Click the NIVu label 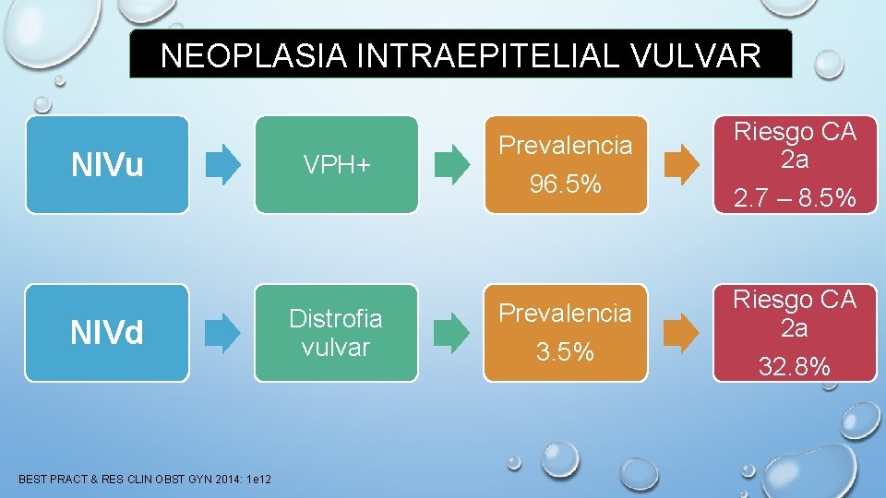click(x=107, y=165)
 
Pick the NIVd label click(x=107, y=333)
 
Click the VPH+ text click(x=336, y=165)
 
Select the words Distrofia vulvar click(x=336, y=333)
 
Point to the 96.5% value click(x=566, y=185)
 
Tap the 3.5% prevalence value click(x=566, y=353)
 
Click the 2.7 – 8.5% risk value click(x=795, y=198)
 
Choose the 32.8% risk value click(x=795, y=367)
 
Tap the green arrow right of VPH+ click(x=451, y=164)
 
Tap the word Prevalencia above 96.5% click(x=566, y=146)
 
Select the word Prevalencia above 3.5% click(x=566, y=314)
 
